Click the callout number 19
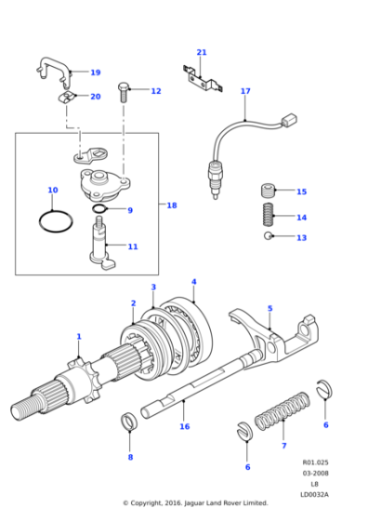point(95,73)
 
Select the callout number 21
point(202,52)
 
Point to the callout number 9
point(130,210)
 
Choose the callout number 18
point(171,205)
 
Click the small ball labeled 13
point(267,237)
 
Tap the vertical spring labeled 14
point(267,217)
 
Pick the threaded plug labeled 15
point(267,192)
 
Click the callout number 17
point(245,91)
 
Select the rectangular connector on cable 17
point(288,120)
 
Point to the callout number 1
point(79,336)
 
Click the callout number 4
point(193,282)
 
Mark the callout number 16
point(184,426)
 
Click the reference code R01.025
point(315,462)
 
